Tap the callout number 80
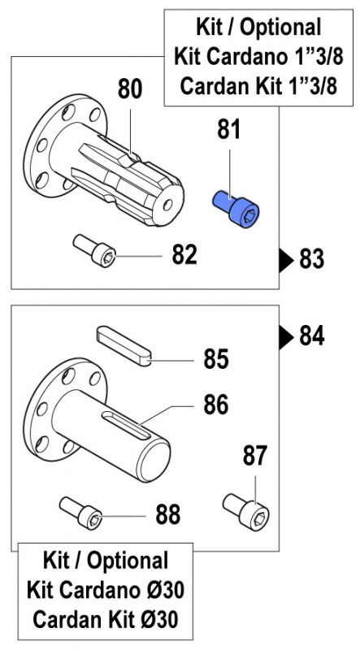(130, 89)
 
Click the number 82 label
(185, 255)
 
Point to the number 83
(312, 260)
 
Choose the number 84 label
(312, 334)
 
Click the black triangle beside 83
(285, 260)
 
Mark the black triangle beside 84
(285, 334)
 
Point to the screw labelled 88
(82, 511)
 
